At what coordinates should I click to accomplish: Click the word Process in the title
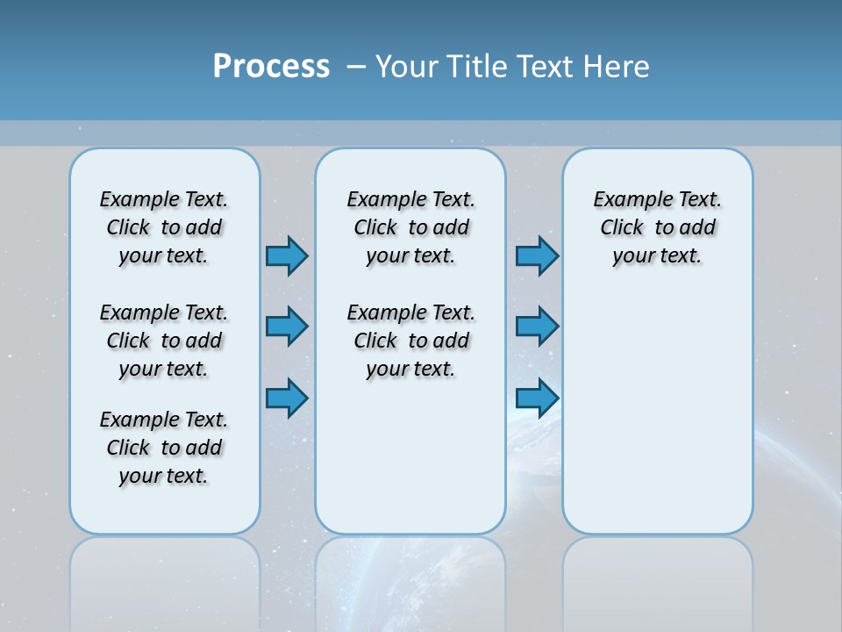[x=271, y=67]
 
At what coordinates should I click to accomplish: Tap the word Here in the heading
[x=619, y=67]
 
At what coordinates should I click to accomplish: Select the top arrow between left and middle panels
[x=287, y=255]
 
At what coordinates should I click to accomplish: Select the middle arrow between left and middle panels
[x=287, y=327]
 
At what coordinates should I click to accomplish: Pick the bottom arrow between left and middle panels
[x=287, y=398]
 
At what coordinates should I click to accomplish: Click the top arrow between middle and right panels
[x=537, y=255]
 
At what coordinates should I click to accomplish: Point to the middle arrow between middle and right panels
[x=537, y=327]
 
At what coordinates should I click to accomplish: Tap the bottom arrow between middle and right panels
[x=537, y=398]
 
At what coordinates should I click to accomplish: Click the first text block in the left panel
[x=164, y=227]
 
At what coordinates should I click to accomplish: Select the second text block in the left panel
[x=164, y=341]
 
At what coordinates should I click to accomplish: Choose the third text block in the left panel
[x=164, y=448]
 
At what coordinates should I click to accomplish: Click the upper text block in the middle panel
[x=410, y=227]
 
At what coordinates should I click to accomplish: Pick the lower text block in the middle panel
[x=410, y=341]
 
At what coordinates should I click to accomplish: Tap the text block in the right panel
[x=657, y=227]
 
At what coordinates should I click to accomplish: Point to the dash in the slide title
[x=356, y=67]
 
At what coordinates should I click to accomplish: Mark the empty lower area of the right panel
[x=657, y=421]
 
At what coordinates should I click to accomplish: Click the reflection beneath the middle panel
[x=410, y=579]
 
